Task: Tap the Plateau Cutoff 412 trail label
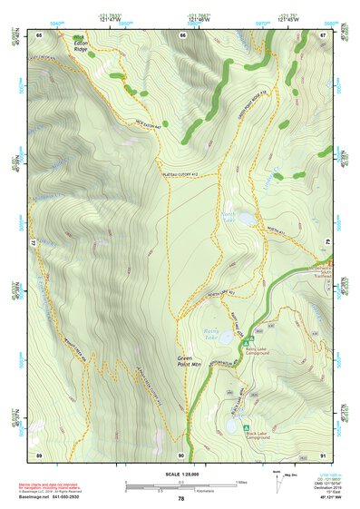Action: pyautogui.click(x=179, y=172)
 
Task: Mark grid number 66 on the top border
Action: pyautogui.click(x=182, y=34)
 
